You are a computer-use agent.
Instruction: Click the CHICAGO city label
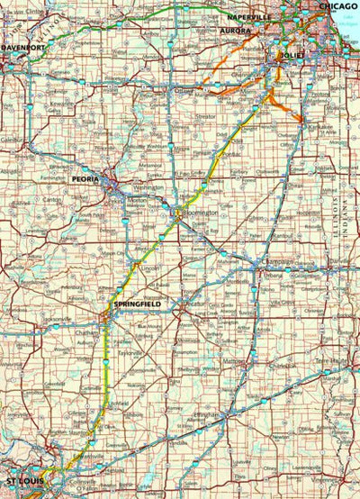337,5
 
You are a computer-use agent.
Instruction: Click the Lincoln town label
150,269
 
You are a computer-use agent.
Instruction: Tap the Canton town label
52,199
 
